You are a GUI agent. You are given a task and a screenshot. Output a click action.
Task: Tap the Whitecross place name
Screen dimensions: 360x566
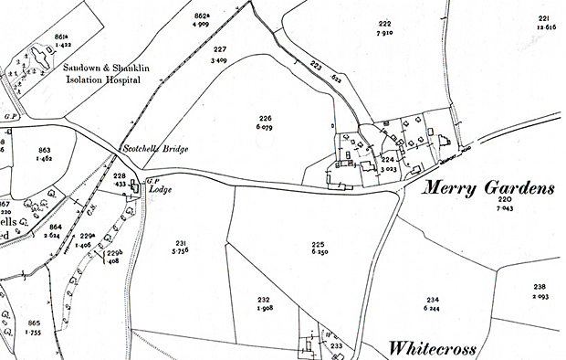440,348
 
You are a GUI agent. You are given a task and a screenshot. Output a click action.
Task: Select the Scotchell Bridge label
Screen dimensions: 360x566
155,149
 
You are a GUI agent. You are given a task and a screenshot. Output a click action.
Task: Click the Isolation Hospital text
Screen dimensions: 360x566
102,79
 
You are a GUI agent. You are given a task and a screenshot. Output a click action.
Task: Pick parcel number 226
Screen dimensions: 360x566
266,118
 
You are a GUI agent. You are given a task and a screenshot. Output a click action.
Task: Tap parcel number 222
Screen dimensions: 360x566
385,24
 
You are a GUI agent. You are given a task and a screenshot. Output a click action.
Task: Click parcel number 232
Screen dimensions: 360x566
264,299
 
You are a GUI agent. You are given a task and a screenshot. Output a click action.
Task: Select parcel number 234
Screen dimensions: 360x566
433,300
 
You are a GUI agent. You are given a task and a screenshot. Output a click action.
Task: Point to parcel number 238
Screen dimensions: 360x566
540,287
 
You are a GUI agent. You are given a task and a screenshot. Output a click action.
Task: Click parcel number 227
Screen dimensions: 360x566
220,49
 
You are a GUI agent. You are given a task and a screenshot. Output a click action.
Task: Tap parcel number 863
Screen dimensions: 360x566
45,149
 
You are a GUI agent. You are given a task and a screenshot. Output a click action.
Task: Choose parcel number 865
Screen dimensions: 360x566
35,324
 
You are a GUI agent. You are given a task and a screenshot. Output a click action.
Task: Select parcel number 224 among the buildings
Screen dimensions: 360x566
387,159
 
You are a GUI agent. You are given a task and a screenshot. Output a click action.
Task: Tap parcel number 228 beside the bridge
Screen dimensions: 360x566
119,175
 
